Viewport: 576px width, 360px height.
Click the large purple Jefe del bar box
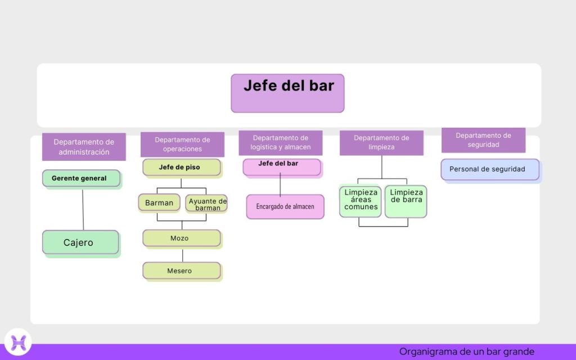[287, 93]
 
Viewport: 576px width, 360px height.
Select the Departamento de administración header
[84, 147]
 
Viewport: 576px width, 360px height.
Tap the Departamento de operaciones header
[182, 145]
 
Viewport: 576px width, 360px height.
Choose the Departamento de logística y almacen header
[280, 143]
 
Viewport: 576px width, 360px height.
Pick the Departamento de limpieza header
[381, 143]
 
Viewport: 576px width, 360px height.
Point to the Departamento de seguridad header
[483, 140]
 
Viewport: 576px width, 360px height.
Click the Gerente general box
[81, 178]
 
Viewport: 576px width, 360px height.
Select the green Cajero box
[80, 242]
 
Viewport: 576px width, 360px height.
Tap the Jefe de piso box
[181, 168]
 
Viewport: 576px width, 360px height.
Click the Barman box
[159, 202]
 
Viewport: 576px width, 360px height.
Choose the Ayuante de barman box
[206, 203]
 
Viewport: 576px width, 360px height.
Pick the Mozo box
[181, 238]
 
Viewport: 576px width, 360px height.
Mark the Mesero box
[181, 271]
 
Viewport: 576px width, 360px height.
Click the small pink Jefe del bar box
[281, 166]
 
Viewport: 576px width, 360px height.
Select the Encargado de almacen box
[285, 206]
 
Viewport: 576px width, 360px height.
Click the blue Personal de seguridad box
[489, 169]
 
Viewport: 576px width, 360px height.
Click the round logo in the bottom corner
[18, 341]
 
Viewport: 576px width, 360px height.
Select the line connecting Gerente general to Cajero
[83, 209]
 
